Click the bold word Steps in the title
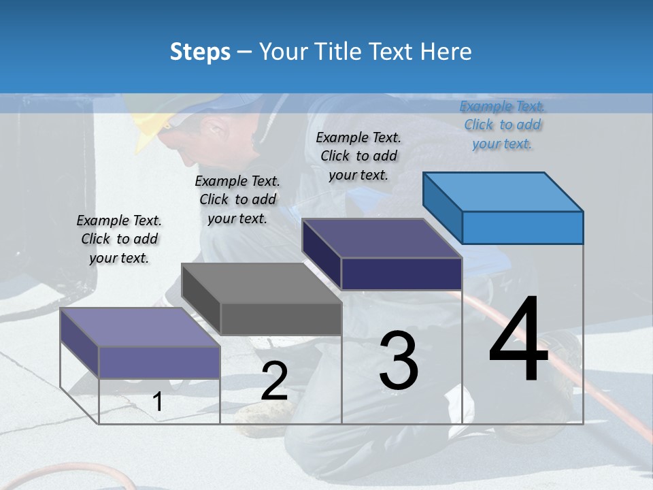pos(200,52)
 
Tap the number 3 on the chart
pos(399,361)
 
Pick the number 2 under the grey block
pos(274,381)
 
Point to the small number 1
pos(158,402)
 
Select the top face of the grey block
pos(261,282)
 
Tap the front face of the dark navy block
pos(401,274)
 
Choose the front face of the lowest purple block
pos(159,361)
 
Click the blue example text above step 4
pos(502,125)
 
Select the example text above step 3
pos(358,156)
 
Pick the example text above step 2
pos(237,199)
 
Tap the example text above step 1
pos(119,239)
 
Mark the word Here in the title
pos(446,52)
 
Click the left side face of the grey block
pos(201,299)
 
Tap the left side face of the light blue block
pos(442,208)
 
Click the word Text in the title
pos(393,52)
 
